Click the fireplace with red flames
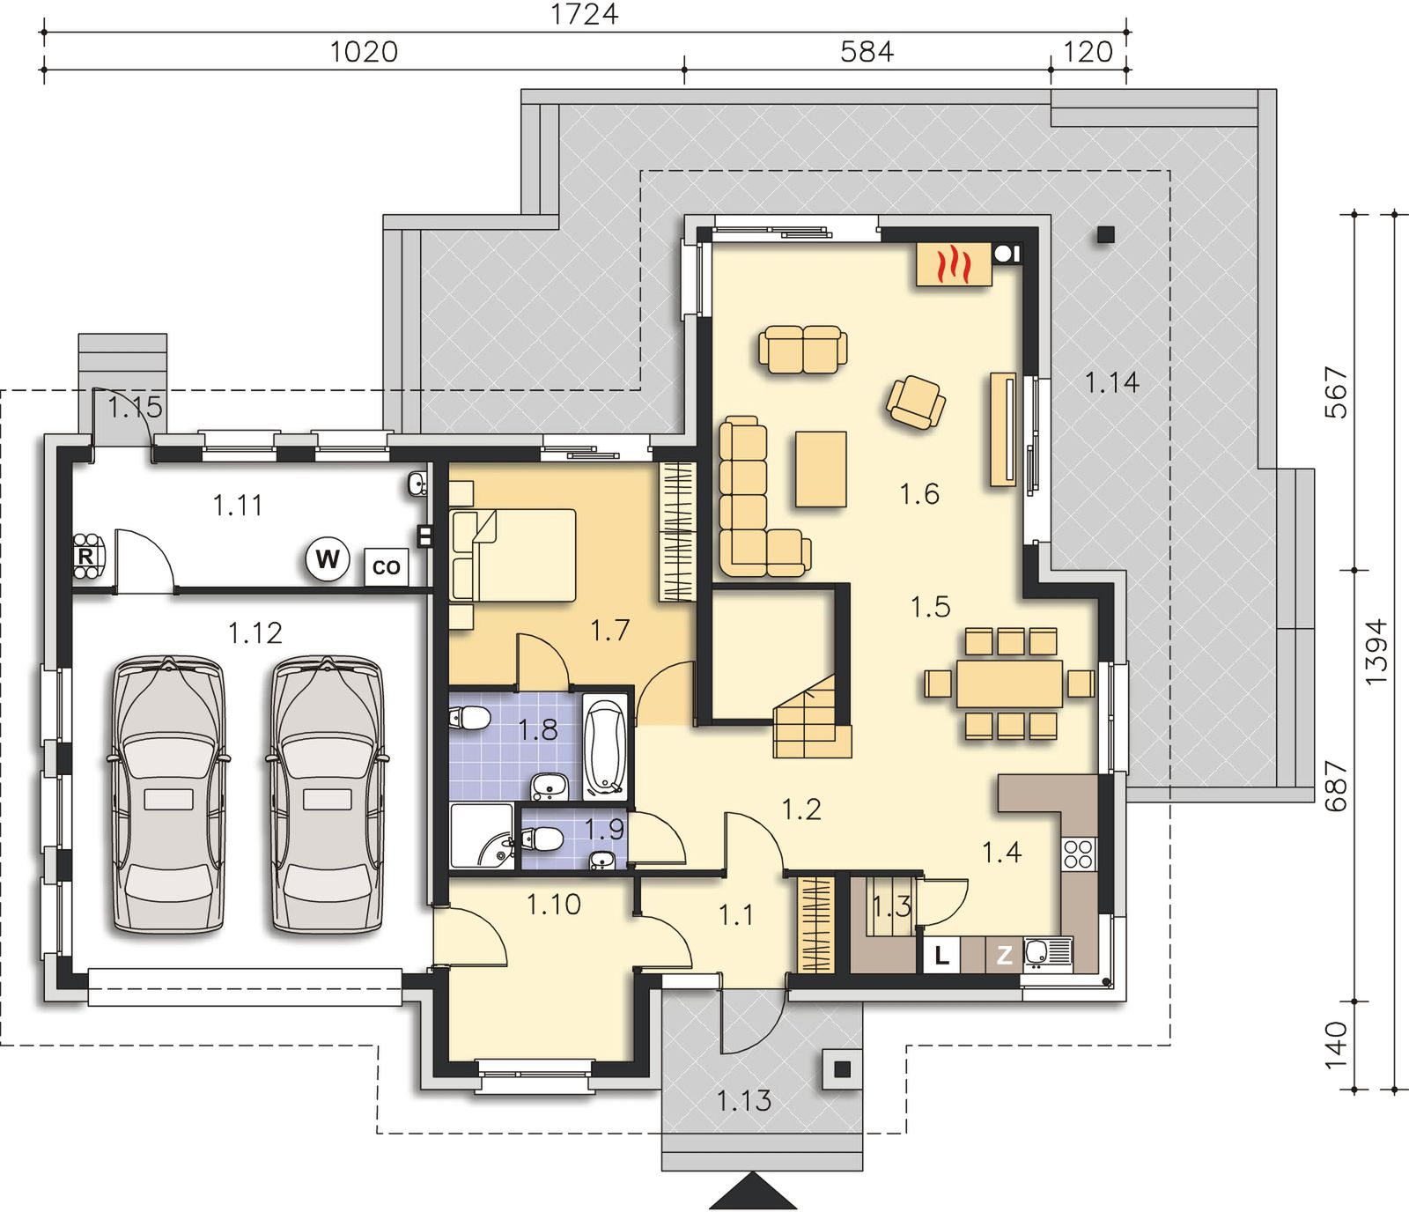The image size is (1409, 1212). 955,263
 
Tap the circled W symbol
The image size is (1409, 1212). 328,558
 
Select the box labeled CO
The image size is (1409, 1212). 386,567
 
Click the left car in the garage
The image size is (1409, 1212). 166,794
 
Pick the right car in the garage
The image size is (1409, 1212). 326,794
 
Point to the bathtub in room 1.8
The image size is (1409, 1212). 605,746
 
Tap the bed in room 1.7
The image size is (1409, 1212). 513,555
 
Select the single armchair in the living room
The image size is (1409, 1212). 916,402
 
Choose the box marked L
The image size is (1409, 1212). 941,956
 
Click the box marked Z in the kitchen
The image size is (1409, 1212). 1004,956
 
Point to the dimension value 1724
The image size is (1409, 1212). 585,15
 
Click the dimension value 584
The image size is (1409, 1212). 867,52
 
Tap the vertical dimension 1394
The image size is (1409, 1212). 1376,652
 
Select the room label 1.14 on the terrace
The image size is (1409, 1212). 1112,382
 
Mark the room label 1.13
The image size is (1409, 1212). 744,1100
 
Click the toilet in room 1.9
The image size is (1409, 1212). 542,839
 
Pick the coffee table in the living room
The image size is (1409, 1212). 821,469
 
